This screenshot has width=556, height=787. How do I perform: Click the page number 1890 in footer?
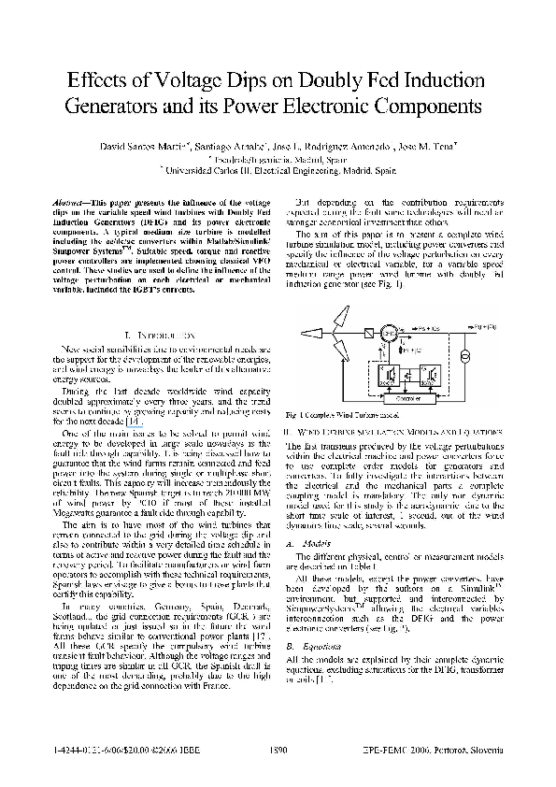coord(278,751)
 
